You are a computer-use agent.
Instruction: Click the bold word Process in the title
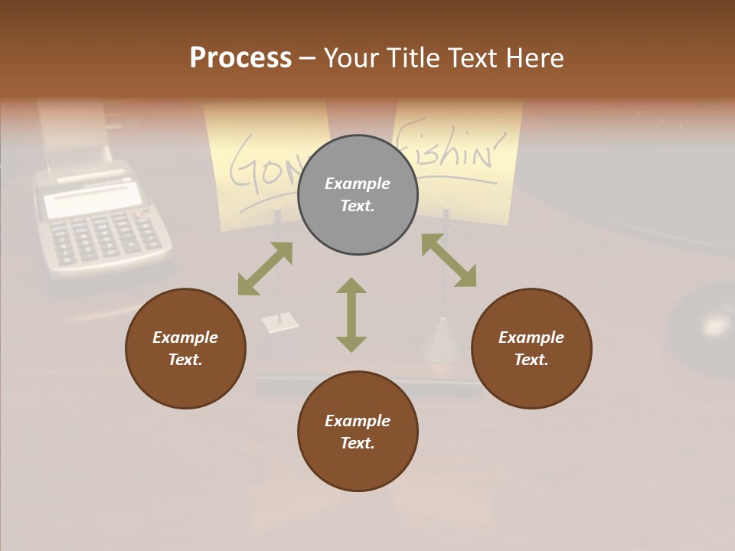coord(240,58)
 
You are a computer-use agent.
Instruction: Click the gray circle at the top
coord(358,195)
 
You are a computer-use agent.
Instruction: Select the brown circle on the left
coord(185,349)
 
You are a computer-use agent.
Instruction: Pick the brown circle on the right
coord(531,349)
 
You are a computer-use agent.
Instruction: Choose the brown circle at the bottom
coord(358,432)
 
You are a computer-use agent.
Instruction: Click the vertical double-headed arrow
coord(351,315)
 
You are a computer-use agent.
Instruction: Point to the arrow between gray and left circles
coord(265,269)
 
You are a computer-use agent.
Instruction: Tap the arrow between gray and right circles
coord(449,261)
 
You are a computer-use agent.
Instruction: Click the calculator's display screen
coord(92,201)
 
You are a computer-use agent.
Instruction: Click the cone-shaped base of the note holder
coord(443,341)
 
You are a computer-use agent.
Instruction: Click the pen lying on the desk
coord(367,385)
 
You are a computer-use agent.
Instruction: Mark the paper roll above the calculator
coord(73,130)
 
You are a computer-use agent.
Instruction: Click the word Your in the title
coord(353,58)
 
